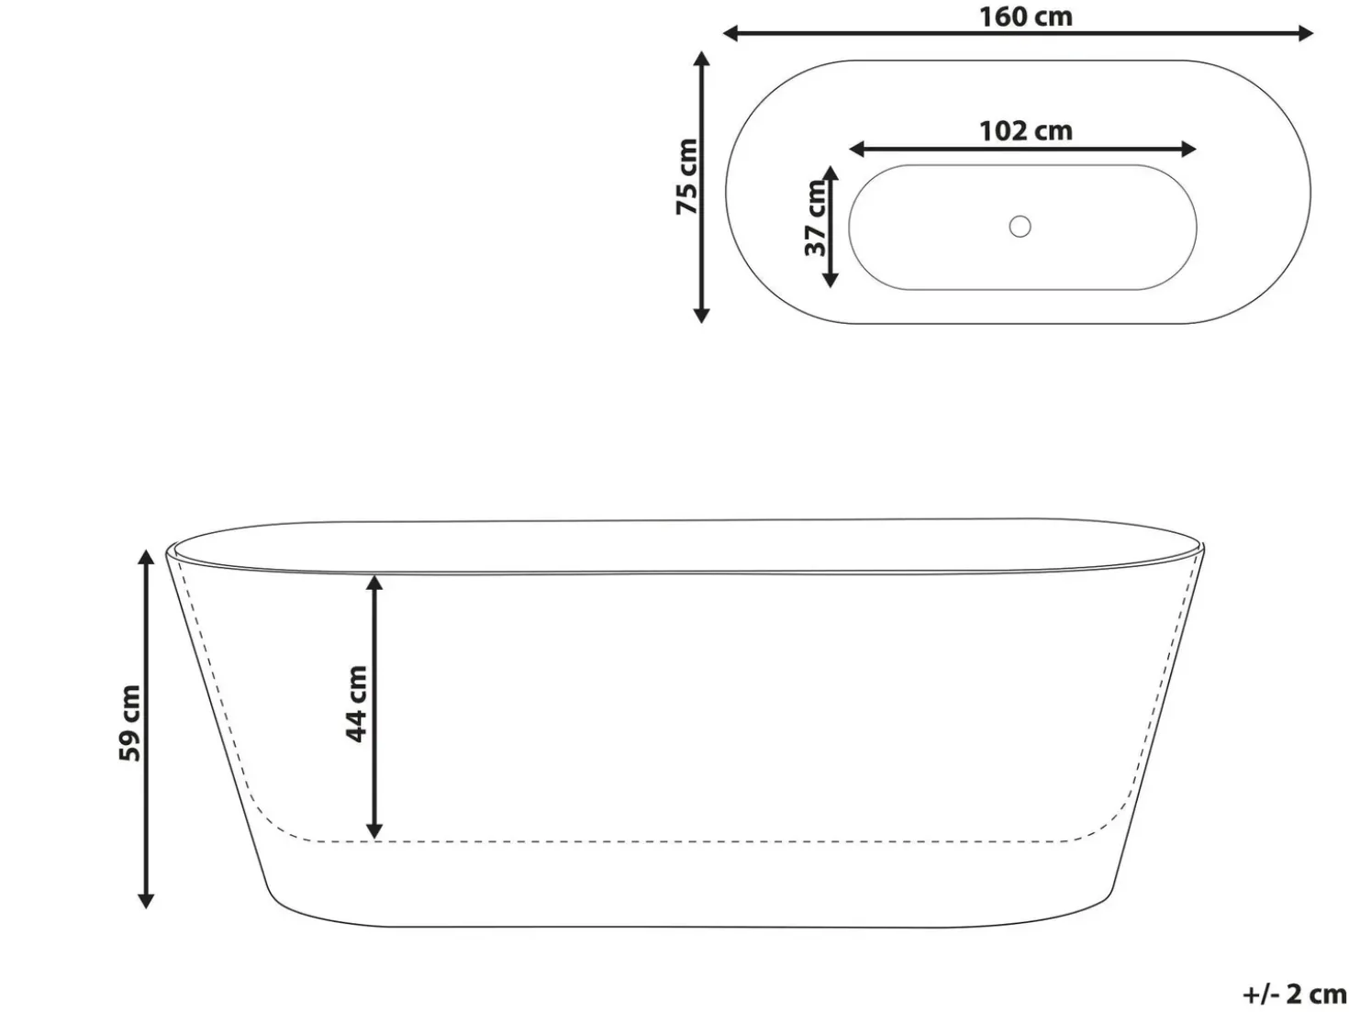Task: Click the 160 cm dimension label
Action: coord(1025,17)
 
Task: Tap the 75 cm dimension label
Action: coord(687,177)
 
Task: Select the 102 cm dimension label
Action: coord(1025,131)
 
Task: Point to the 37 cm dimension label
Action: coord(816,218)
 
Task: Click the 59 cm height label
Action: coord(130,723)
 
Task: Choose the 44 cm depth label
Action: coord(356,704)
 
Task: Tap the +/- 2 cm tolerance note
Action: coord(1294,994)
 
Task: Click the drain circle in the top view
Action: coord(1020,227)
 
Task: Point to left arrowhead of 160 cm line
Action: coord(730,33)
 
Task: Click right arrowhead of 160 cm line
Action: coord(1305,33)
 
